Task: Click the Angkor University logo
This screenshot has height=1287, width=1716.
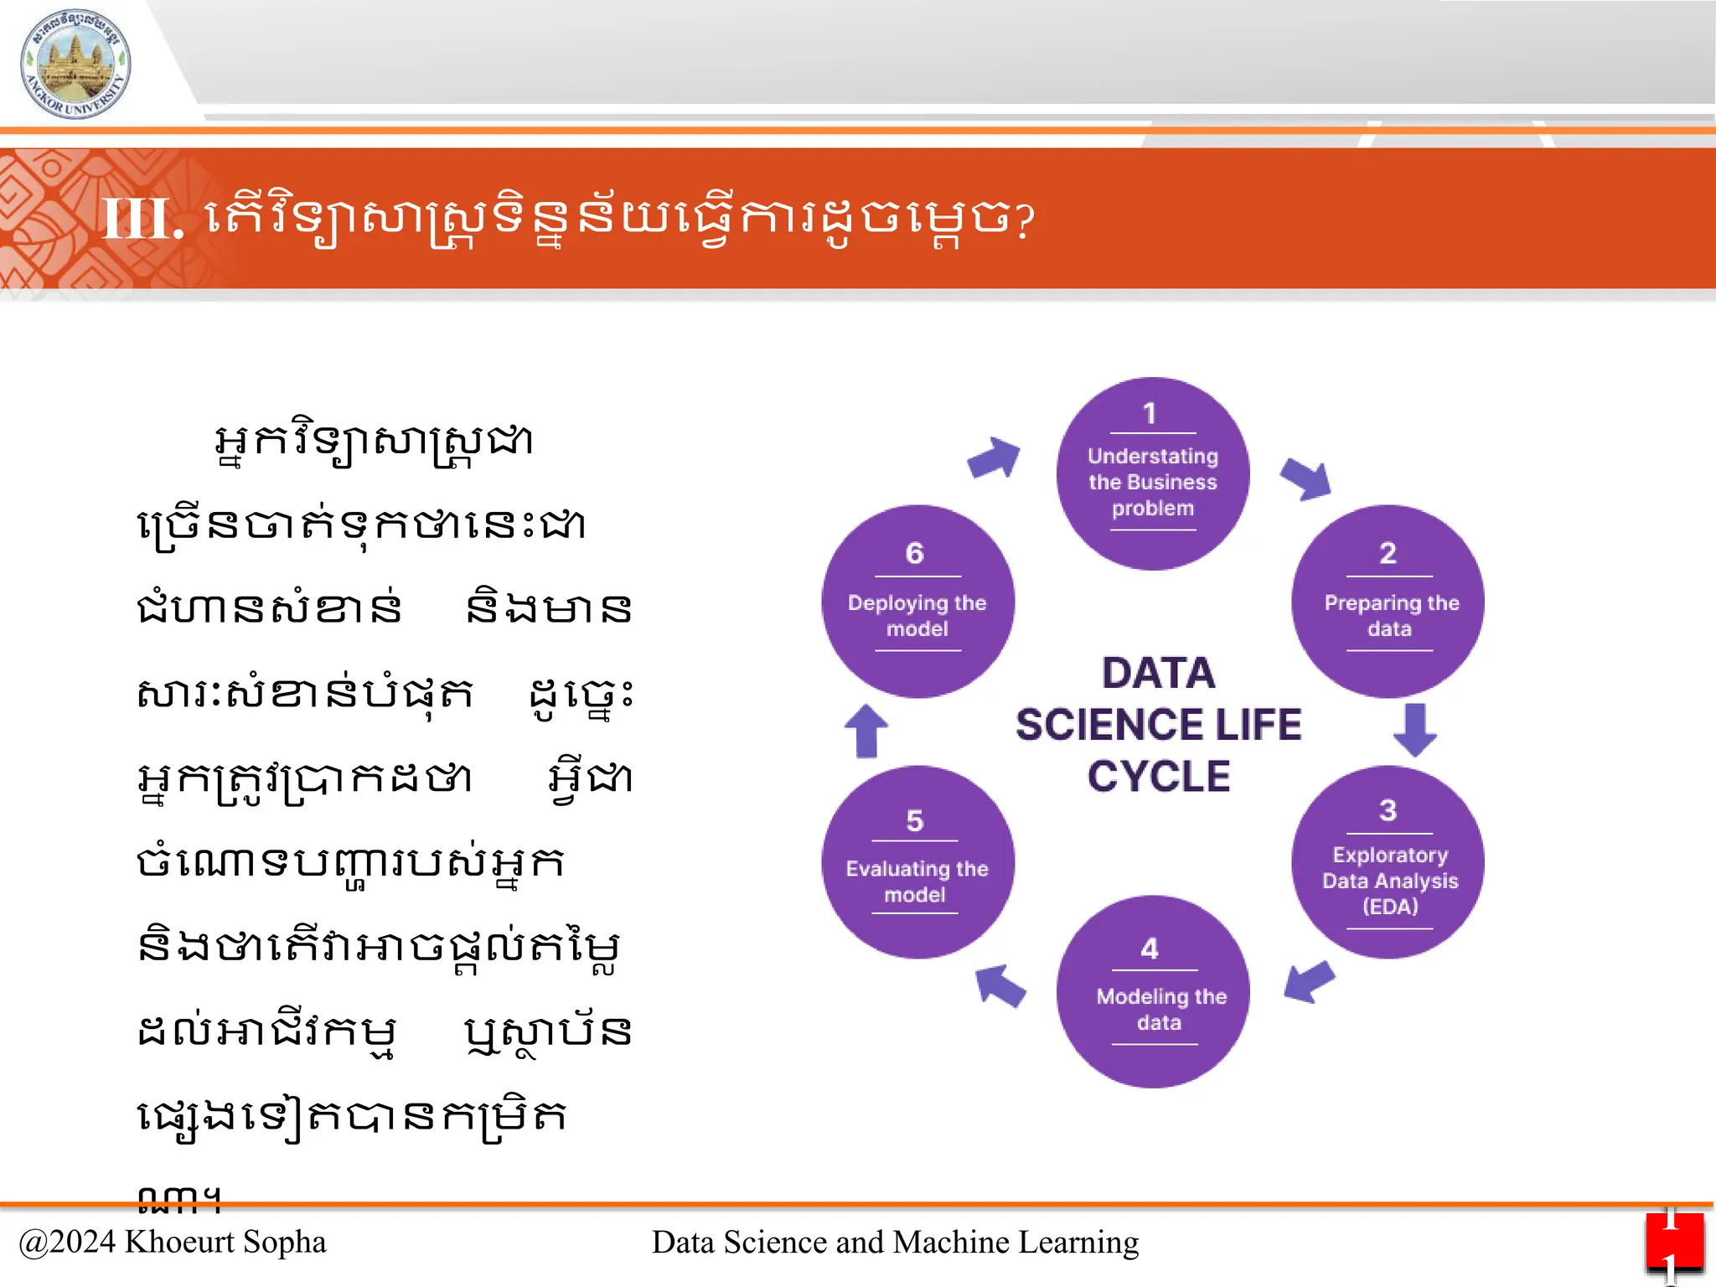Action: tap(75, 64)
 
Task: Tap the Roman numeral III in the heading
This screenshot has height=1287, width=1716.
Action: tap(141, 220)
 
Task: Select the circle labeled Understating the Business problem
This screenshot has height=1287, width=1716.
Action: tap(1153, 474)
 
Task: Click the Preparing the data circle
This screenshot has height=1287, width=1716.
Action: tap(1388, 602)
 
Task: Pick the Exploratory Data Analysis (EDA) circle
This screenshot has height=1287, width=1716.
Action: tap(1388, 862)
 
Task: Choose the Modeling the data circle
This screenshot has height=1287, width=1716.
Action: tap(1153, 992)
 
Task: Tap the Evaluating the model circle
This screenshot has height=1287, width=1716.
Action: tap(917, 862)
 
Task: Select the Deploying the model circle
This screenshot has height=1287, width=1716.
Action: tap(917, 602)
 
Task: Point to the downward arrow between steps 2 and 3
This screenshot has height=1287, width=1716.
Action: tap(1415, 730)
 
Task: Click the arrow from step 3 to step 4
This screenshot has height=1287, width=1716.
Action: tap(1309, 980)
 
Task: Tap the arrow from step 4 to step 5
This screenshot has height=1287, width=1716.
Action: tap(1000, 985)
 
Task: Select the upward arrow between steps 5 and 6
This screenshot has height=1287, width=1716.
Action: tap(866, 731)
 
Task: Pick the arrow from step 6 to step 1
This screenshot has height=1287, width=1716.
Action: tap(995, 457)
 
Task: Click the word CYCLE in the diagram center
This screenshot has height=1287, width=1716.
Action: tap(1159, 776)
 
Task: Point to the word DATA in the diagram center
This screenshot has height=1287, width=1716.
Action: tap(1159, 673)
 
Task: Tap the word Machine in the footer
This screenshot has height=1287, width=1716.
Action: tap(951, 1242)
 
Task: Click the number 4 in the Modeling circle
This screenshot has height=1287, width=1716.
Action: tap(1150, 948)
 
